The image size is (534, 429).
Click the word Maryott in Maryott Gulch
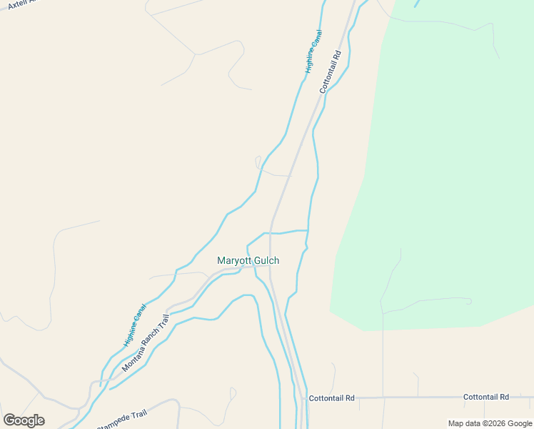(234, 261)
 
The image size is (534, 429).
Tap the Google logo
(24, 420)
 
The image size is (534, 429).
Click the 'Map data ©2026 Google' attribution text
(490, 423)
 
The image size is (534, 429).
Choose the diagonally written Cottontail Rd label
(331, 71)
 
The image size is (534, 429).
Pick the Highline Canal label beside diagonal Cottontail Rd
(313, 51)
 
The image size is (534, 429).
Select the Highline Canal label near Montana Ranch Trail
(134, 325)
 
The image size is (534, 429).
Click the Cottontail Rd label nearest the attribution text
(485, 397)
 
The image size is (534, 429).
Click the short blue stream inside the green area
(416, 4)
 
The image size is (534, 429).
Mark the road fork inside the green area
(383, 312)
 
